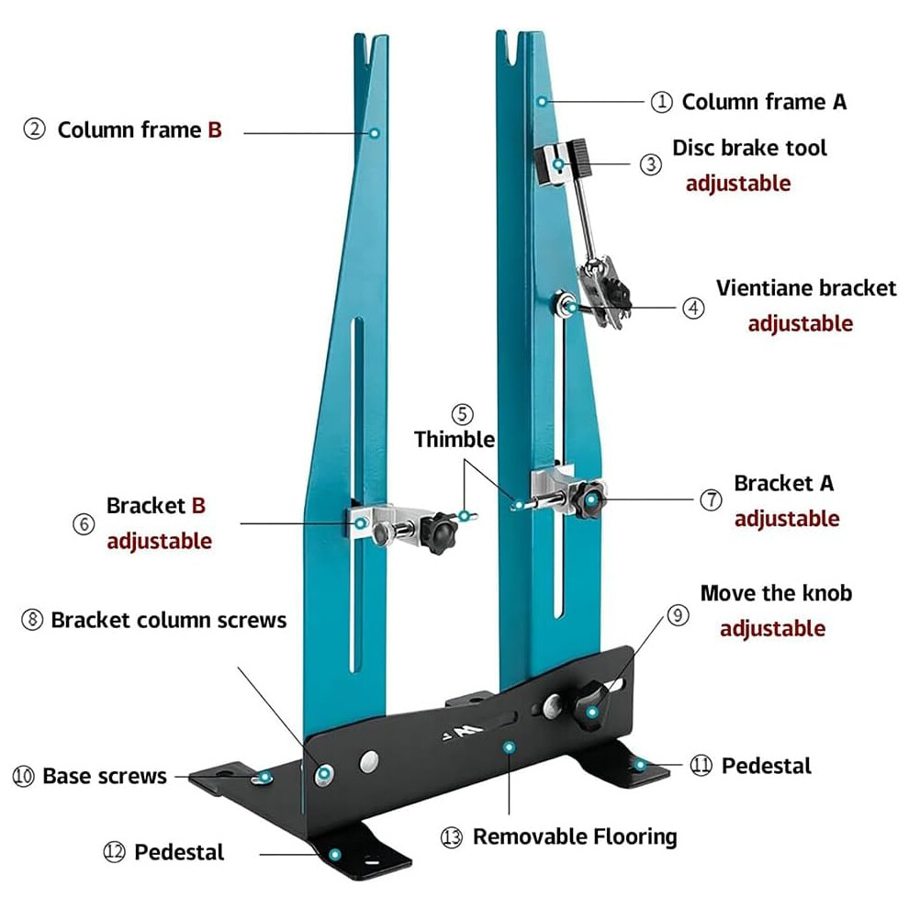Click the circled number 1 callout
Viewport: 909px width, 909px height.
661,102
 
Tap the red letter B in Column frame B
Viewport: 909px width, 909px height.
215,129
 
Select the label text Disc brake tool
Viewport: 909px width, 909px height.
749,148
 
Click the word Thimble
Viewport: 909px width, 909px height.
454,439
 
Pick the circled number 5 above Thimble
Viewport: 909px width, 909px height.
462,414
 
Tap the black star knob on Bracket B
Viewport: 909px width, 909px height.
439,533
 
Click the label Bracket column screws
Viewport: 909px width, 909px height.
169,621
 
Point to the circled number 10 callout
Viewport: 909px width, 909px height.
23,776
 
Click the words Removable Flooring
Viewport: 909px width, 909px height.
575,836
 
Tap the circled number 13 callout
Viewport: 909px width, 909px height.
452,837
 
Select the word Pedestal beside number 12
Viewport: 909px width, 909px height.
178,852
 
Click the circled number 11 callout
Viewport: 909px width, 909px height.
701,765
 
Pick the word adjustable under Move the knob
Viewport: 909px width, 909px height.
772,628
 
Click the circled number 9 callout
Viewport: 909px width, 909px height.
678,615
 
